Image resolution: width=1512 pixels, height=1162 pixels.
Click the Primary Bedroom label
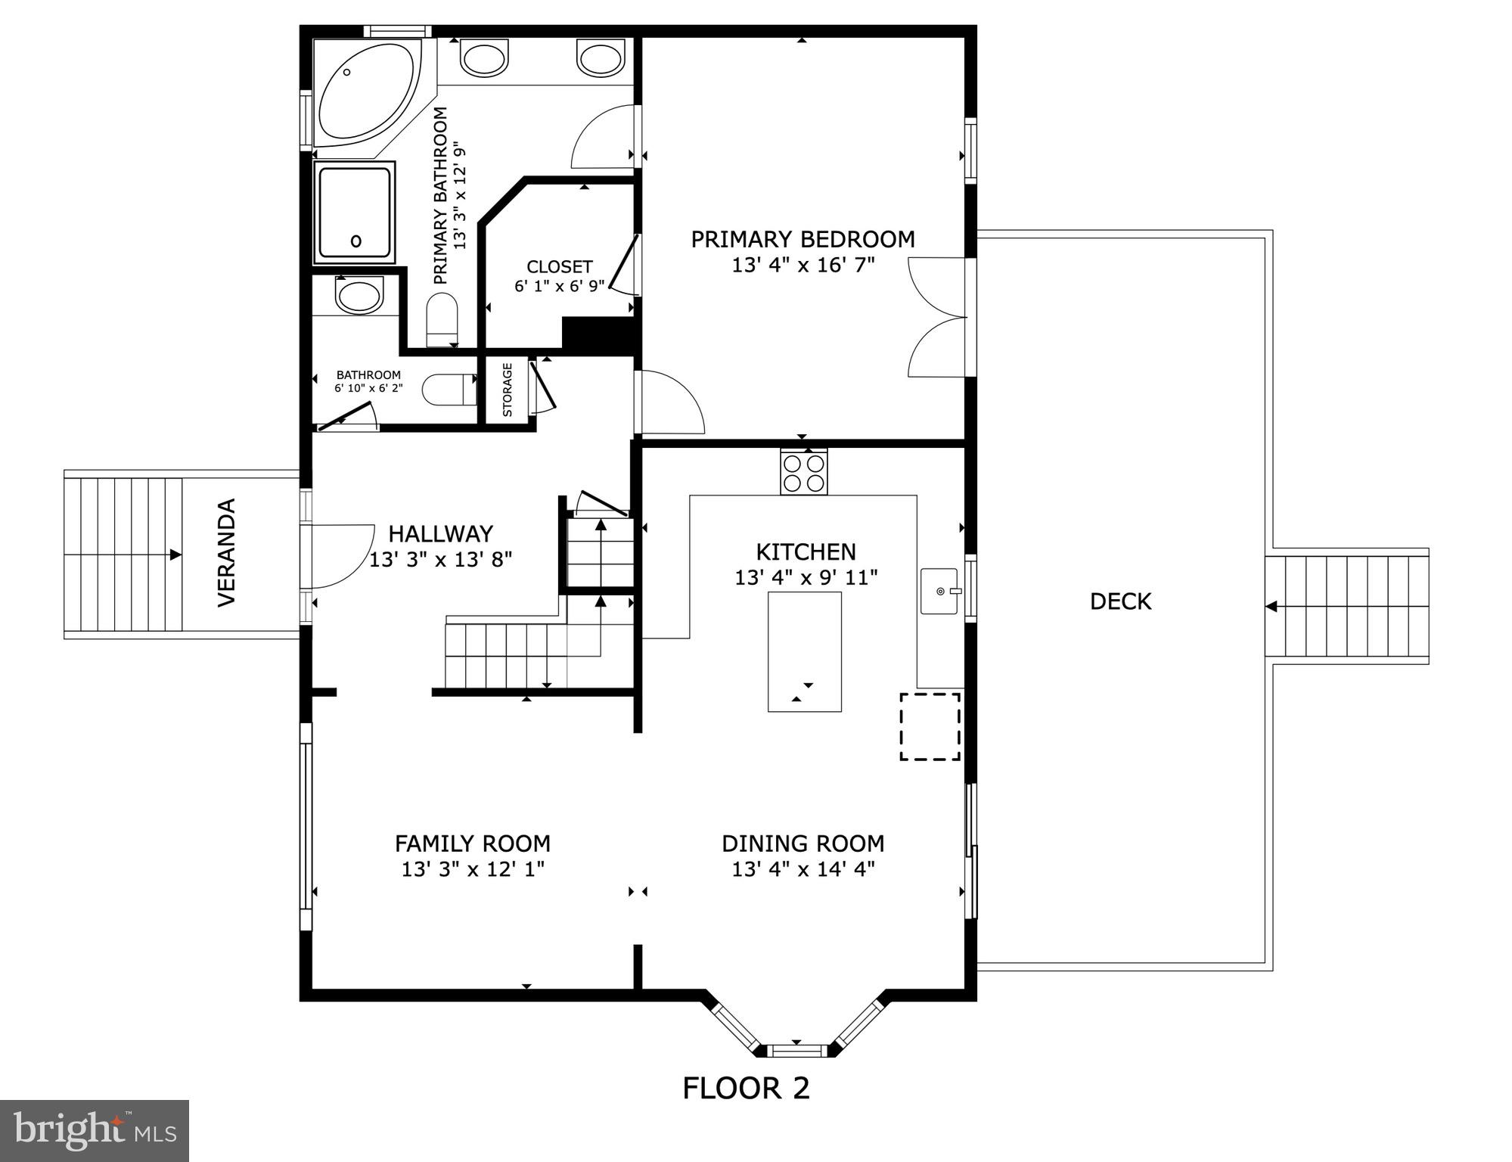[803, 239]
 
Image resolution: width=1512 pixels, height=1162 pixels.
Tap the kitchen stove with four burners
[804, 472]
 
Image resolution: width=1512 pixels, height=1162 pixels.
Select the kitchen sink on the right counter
[939, 591]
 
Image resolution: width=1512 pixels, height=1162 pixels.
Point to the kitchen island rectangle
[805, 651]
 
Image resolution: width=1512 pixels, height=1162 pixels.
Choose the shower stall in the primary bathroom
[355, 212]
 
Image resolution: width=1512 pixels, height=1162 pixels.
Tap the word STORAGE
[508, 390]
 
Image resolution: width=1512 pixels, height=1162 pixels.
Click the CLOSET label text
[560, 267]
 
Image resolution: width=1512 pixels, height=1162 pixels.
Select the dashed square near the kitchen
[930, 726]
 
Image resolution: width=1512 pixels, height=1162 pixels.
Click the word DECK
[1120, 601]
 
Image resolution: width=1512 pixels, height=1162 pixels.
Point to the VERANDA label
[227, 552]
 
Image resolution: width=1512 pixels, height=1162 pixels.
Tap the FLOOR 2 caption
[746, 1088]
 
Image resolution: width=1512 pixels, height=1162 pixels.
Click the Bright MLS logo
[95, 1130]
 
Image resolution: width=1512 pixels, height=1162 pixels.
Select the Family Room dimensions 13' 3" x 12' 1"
[473, 869]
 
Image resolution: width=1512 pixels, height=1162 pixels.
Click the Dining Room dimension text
[803, 868]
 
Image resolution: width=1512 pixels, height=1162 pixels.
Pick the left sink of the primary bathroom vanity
[485, 58]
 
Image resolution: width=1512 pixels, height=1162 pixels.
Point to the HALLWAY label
[440, 534]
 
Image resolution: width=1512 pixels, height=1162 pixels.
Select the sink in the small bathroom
[359, 294]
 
